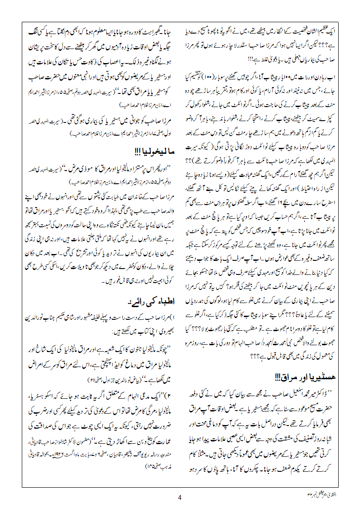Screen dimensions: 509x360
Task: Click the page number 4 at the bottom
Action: point(180,497)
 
